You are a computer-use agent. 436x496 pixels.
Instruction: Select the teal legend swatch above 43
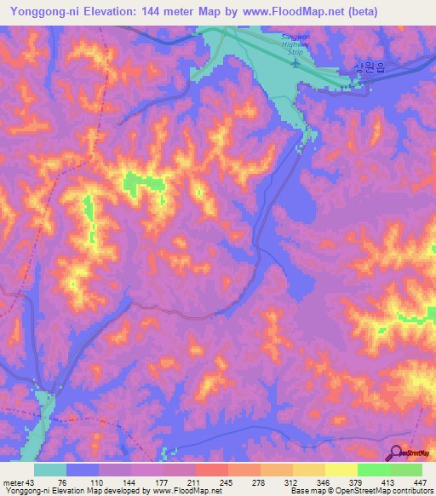[50, 470]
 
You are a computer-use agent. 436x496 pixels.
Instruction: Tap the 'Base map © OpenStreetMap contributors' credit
[359, 491]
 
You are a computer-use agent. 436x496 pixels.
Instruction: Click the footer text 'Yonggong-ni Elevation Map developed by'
[76, 491]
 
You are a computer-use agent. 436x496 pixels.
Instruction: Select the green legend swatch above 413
[374, 470]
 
